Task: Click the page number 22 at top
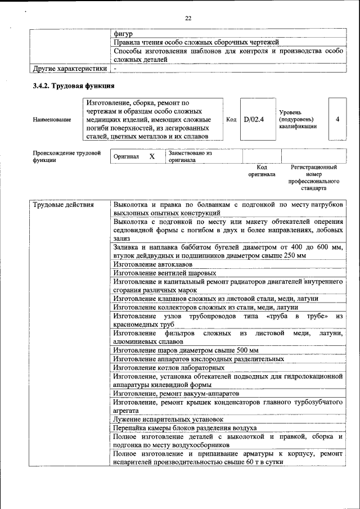(188, 19)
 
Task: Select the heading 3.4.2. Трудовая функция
(74, 86)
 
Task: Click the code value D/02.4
(254, 119)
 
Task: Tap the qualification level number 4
(337, 119)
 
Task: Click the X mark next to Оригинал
(152, 156)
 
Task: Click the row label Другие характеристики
(69, 69)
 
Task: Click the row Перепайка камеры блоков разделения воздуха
(184, 427)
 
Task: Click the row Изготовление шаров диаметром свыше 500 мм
(186, 350)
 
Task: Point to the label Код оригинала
(262, 171)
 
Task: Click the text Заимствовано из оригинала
(190, 156)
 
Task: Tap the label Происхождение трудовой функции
(66, 156)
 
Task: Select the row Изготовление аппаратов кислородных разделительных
(198, 359)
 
